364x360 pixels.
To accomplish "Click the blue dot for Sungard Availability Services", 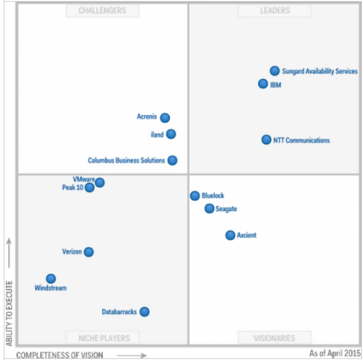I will tap(275, 71).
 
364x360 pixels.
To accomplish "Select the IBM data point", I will tap(263, 84).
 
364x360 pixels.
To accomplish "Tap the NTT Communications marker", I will tap(266, 140).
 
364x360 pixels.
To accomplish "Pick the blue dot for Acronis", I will tap(165, 117).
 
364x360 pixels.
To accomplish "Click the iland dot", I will tap(171, 134).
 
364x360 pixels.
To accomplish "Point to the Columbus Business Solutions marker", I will tap(172, 160).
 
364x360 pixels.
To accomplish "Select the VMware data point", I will tap(100, 182).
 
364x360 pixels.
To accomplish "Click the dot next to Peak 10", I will tap(89, 188).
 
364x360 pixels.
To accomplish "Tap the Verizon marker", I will tap(89, 252).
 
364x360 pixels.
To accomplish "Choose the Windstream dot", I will tap(51, 278).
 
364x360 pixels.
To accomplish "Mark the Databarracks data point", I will tap(144, 312).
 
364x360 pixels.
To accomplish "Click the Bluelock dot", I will tap(195, 196).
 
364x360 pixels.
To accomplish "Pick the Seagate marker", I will tap(209, 208).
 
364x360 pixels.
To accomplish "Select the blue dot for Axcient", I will tap(230, 235).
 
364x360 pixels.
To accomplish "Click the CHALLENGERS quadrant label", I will tap(102, 10).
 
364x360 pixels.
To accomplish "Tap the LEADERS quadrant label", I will tap(274, 10).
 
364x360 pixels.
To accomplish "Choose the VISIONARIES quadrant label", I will tap(274, 338).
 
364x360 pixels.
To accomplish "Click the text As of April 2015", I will tap(335, 353).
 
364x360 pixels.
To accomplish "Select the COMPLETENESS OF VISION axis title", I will tap(59, 355).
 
